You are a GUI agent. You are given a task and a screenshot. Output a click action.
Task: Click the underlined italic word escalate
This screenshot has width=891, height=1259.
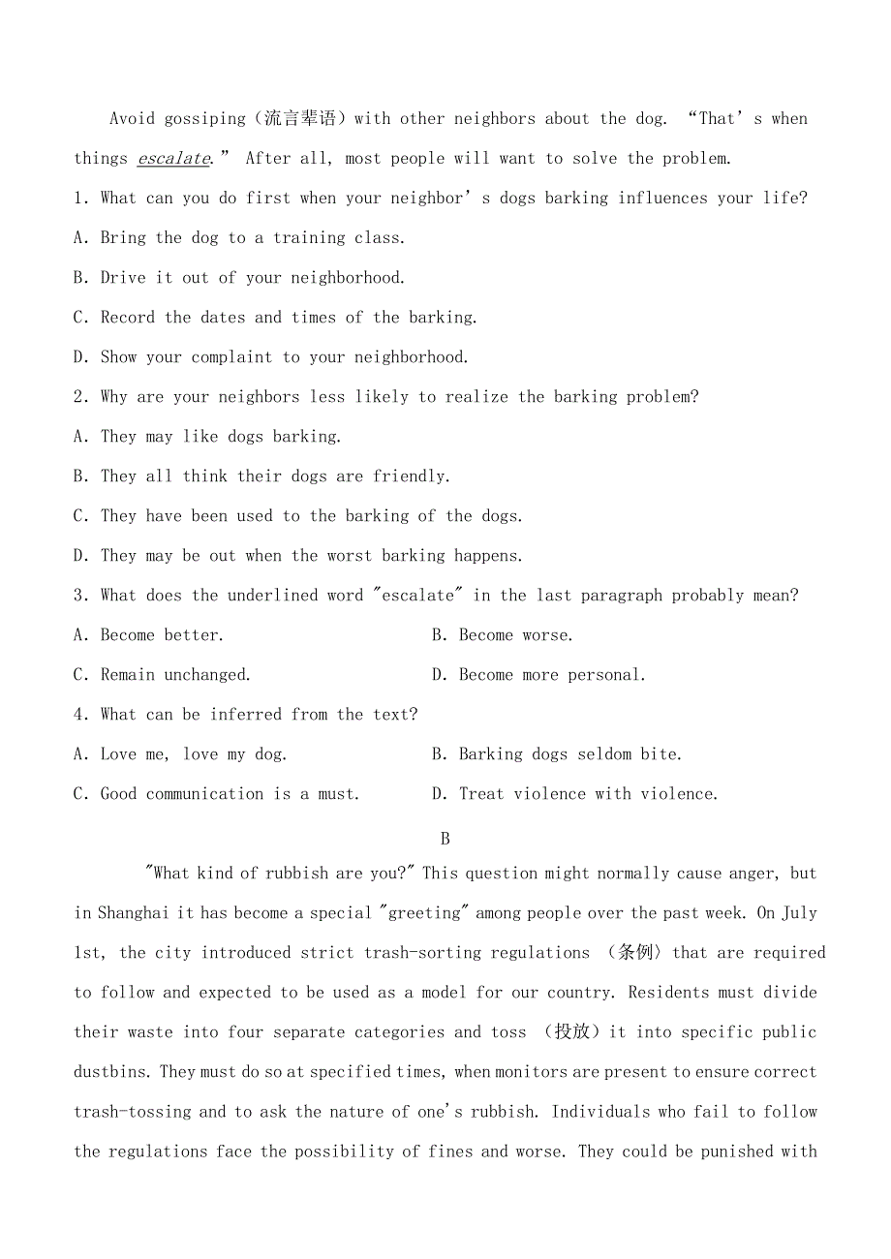tap(173, 159)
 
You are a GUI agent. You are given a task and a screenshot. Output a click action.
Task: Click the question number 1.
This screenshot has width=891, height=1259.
tap(79, 199)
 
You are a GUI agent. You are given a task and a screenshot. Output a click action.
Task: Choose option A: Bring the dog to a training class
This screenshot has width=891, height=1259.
tap(252, 238)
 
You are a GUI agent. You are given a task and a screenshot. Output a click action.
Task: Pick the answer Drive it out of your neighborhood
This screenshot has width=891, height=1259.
tap(252, 278)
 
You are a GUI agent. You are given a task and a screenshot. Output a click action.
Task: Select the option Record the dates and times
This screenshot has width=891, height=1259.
tap(289, 318)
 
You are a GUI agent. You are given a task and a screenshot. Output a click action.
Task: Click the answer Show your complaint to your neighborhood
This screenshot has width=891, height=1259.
tap(284, 357)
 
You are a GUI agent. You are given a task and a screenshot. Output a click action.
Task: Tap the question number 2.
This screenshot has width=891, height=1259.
tap(79, 397)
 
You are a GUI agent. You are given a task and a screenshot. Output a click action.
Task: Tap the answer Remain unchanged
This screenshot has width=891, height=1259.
tap(175, 675)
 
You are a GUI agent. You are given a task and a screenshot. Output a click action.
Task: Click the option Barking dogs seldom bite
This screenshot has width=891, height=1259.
tap(570, 754)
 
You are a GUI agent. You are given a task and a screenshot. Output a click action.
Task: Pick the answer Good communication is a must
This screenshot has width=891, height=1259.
tap(230, 794)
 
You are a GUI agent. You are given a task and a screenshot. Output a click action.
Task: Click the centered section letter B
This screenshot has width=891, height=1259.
tap(445, 839)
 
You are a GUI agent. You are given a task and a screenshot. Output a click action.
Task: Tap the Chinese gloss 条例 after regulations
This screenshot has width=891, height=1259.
tap(630, 953)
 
